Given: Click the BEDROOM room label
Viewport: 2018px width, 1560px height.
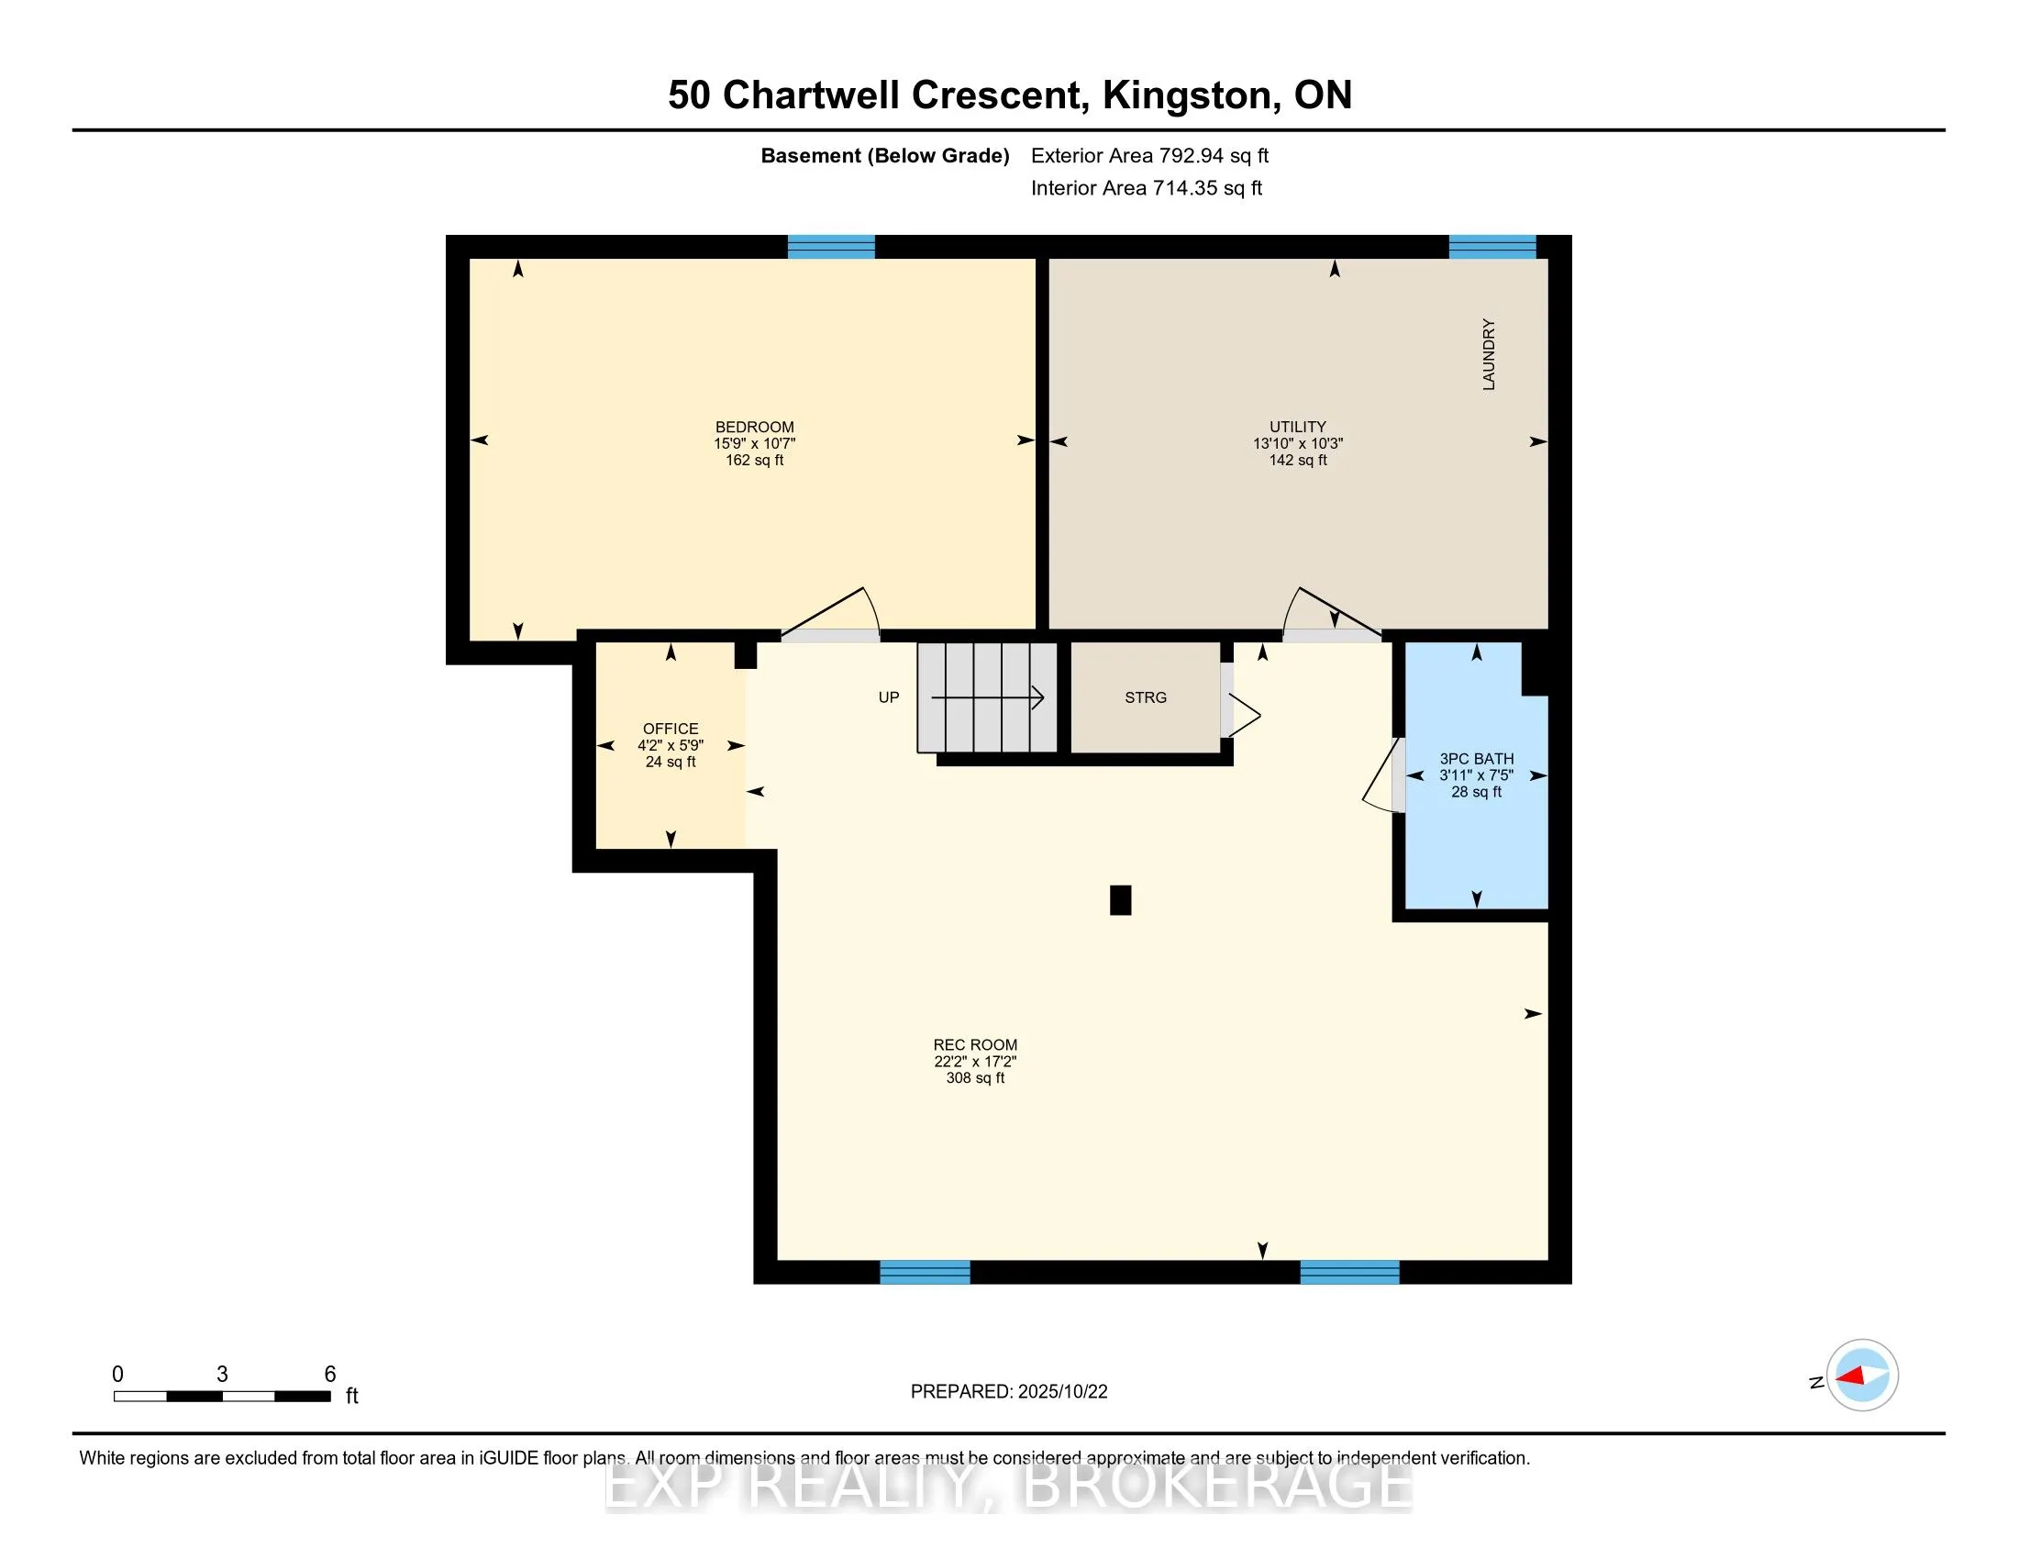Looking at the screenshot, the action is click(754, 427).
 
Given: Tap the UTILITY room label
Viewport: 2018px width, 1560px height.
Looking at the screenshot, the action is click(1297, 427).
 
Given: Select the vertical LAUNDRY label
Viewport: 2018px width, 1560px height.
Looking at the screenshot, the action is click(1489, 355).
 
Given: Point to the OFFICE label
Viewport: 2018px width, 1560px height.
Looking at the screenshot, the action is click(671, 730).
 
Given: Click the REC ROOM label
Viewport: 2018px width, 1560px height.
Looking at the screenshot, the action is click(975, 1045).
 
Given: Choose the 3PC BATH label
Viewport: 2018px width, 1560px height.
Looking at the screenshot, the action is click(1477, 759).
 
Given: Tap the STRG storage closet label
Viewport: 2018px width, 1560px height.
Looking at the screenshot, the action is click(1146, 697).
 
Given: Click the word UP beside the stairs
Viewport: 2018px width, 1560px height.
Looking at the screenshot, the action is click(889, 697).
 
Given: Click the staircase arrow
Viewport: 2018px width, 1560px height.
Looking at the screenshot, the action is click(988, 697).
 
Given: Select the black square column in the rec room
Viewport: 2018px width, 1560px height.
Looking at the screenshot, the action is click(1121, 900).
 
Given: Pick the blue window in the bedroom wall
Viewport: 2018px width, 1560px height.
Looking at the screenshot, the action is click(831, 247).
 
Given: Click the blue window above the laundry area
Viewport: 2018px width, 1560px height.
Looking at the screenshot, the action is click(1492, 247).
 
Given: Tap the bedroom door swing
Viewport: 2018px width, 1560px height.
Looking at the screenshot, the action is click(831, 610).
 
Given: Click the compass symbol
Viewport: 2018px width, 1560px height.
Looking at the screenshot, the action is click(1862, 1376).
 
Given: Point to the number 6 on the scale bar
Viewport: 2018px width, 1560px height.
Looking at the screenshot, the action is click(330, 1375).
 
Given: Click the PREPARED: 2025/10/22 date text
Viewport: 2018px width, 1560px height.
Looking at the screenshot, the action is click(1009, 1392).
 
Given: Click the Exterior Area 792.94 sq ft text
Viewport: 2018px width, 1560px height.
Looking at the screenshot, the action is click(1149, 156).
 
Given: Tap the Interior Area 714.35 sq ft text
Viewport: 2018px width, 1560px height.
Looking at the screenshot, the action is click(1147, 188).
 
